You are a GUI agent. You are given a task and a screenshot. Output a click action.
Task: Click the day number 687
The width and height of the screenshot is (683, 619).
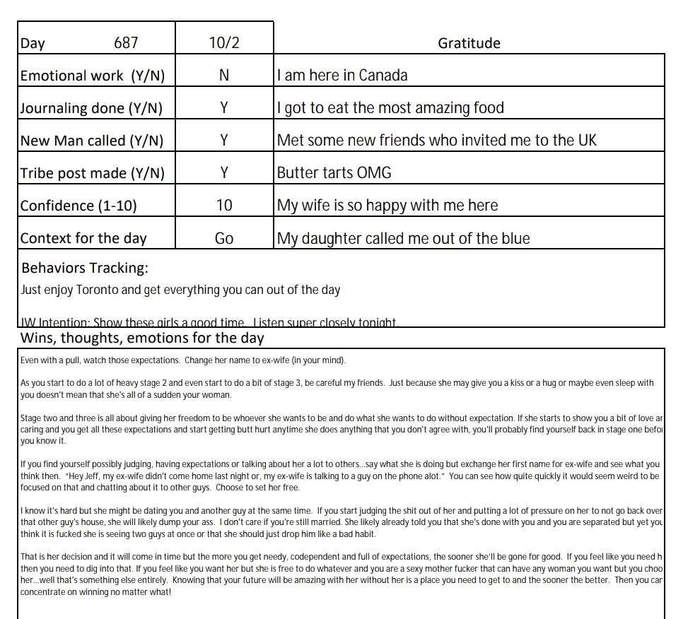pyautogui.click(x=126, y=43)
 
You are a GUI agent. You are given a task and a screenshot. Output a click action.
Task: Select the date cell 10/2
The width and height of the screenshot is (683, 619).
pyautogui.click(x=224, y=43)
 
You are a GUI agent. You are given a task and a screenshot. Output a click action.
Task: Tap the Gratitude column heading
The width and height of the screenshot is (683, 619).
pyautogui.click(x=469, y=43)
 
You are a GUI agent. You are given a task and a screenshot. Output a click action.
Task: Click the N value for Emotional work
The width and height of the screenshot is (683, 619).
pyautogui.click(x=224, y=76)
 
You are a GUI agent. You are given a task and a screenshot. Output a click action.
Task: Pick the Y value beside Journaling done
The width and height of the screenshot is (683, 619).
pyautogui.click(x=224, y=108)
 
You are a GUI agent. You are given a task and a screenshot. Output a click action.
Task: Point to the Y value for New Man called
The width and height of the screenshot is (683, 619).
pyautogui.click(x=224, y=141)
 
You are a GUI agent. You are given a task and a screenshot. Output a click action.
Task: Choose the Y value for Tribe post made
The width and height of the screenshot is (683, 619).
pyautogui.click(x=224, y=173)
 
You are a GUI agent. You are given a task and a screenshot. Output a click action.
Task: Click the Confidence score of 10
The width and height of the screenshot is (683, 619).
pyautogui.click(x=224, y=206)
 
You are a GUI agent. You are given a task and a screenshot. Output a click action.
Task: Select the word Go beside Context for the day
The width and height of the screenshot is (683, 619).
pyautogui.click(x=224, y=239)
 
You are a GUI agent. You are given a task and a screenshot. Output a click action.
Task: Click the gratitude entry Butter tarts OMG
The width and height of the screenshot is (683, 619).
pyautogui.click(x=334, y=173)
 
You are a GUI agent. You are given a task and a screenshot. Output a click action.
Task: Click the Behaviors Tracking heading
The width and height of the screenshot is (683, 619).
pyautogui.click(x=85, y=269)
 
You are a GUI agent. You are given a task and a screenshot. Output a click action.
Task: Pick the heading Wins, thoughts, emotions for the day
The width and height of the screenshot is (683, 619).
pyautogui.click(x=142, y=338)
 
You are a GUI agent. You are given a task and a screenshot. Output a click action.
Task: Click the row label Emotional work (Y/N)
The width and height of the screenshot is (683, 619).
pyautogui.click(x=92, y=76)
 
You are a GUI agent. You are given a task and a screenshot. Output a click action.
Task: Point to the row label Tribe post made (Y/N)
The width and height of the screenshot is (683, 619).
pyautogui.click(x=91, y=173)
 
